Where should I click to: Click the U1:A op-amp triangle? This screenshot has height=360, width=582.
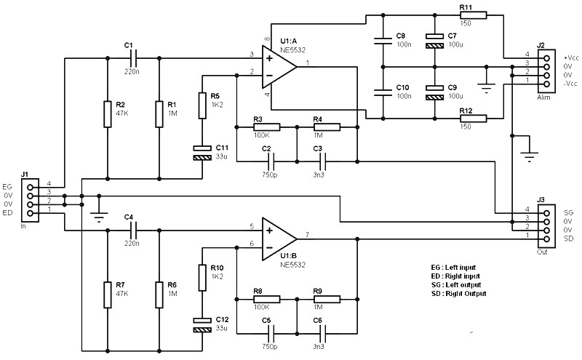(x=279, y=67)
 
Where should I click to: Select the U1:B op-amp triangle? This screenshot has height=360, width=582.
(x=279, y=239)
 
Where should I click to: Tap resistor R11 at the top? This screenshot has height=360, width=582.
(x=474, y=15)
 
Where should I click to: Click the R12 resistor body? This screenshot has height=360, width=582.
(x=474, y=119)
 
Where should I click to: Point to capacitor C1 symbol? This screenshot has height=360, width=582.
(x=134, y=58)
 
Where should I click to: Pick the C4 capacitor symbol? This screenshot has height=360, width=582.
(x=134, y=230)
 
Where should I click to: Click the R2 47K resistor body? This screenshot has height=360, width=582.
(x=108, y=114)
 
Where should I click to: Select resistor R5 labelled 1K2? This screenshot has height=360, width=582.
(x=202, y=105)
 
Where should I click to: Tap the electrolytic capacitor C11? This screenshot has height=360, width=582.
(x=202, y=153)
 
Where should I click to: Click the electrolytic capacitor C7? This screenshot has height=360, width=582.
(x=434, y=41)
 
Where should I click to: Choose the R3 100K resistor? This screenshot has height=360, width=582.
(x=266, y=127)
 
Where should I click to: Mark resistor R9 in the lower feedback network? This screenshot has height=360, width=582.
(x=327, y=299)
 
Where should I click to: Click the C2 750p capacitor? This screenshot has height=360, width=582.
(x=271, y=161)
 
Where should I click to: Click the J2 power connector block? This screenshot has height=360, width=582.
(x=546, y=71)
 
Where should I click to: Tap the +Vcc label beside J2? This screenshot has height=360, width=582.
(x=571, y=58)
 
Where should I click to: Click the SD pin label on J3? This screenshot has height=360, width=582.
(x=568, y=239)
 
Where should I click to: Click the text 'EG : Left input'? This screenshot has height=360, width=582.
(x=453, y=268)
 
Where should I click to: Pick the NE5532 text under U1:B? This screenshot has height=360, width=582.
(x=293, y=265)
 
